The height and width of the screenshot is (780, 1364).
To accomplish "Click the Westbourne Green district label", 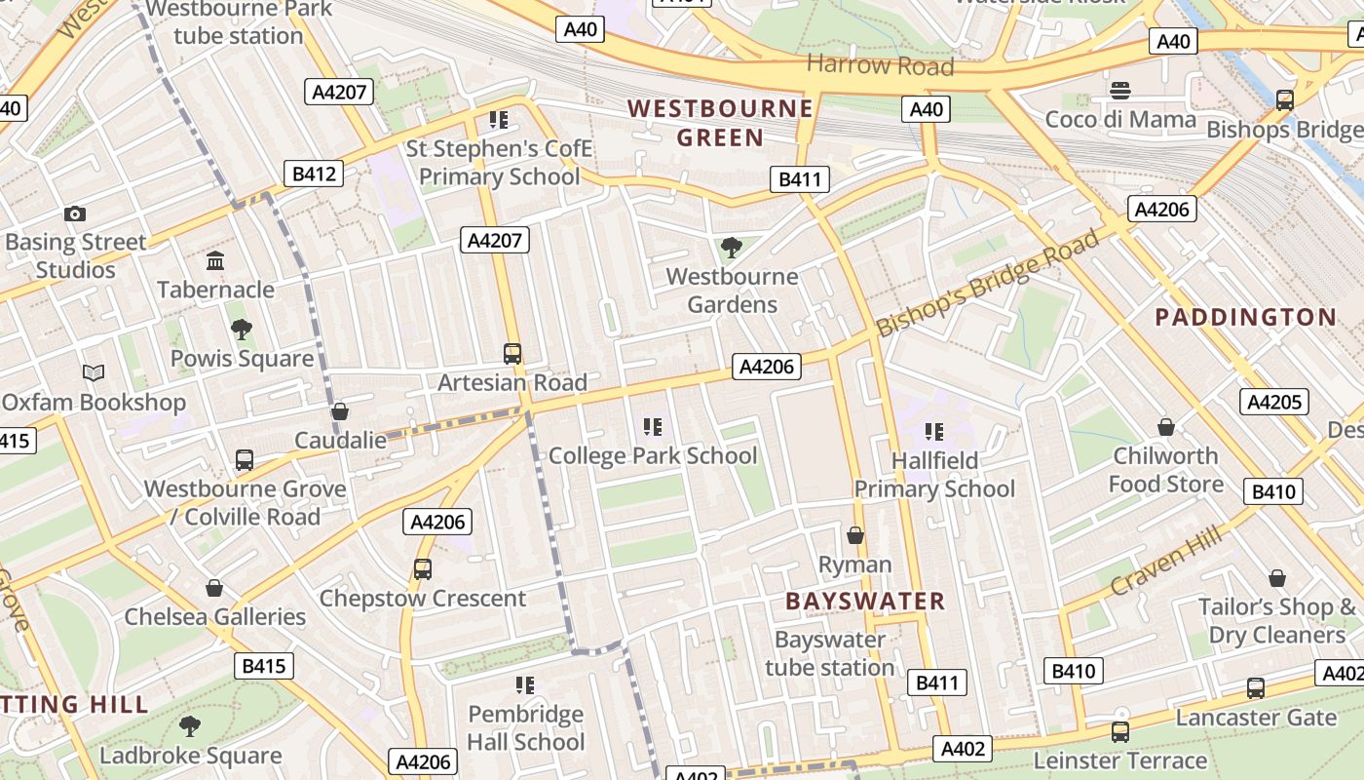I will [x=720, y=122].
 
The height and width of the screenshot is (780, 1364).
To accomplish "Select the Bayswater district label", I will [x=865, y=601].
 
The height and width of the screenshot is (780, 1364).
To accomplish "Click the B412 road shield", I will [x=314, y=175].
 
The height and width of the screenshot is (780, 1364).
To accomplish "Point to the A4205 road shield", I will [x=1274, y=402].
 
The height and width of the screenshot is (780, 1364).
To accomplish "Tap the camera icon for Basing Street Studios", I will [x=75, y=214].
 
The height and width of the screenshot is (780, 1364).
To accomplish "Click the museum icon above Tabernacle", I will [x=215, y=260].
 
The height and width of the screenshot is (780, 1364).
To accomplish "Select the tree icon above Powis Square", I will [x=241, y=330].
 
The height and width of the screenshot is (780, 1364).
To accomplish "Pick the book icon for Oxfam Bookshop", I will [x=94, y=373].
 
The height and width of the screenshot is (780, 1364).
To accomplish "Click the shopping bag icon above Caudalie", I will [x=340, y=411].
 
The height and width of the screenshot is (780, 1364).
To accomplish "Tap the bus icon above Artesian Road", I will [x=512, y=353].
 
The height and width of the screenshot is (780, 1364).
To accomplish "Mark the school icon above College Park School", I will [x=653, y=426].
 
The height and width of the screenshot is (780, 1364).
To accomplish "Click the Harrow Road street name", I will [x=880, y=65].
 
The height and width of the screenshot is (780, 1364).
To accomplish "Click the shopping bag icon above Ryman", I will [x=855, y=535].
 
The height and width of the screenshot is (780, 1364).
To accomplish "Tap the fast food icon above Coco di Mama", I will [x=1120, y=91].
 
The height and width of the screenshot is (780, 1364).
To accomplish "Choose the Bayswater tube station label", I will [x=829, y=653].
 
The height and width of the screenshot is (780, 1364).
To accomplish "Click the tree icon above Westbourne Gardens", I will [x=731, y=248].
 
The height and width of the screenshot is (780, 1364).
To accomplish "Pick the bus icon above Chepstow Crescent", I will [x=423, y=568].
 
